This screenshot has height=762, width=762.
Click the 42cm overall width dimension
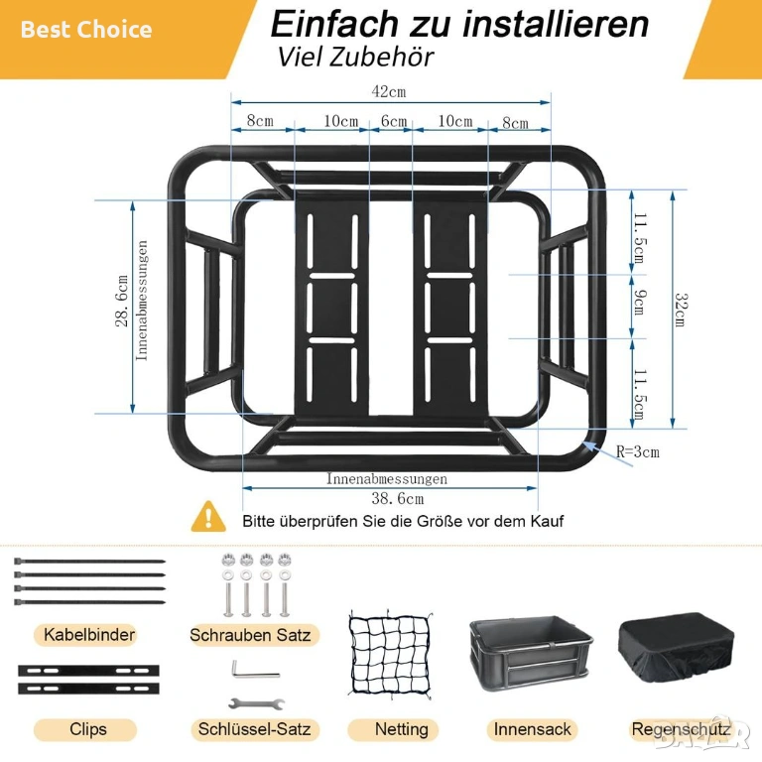click(389, 91)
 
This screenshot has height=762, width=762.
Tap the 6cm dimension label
click(394, 120)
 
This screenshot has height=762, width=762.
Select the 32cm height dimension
click(682, 310)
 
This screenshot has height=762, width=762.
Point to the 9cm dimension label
click(640, 303)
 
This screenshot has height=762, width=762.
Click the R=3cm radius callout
click(638, 451)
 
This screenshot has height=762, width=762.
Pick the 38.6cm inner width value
click(398, 498)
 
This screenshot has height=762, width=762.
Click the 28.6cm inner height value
click(121, 301)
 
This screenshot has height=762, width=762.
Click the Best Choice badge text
click(86, 29)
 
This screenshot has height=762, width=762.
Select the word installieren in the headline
click(556, 24)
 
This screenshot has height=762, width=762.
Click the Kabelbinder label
click(89, 635)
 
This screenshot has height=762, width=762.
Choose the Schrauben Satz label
click(250, 635)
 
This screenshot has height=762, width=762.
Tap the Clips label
click(88, 729)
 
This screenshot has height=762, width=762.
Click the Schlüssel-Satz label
click(255, 729)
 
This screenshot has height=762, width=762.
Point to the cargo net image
click(391, 656)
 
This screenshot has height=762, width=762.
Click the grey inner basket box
click(531, 653)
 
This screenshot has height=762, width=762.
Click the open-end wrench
click(256, 703)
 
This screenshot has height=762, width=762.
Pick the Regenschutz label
click(681, 729)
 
